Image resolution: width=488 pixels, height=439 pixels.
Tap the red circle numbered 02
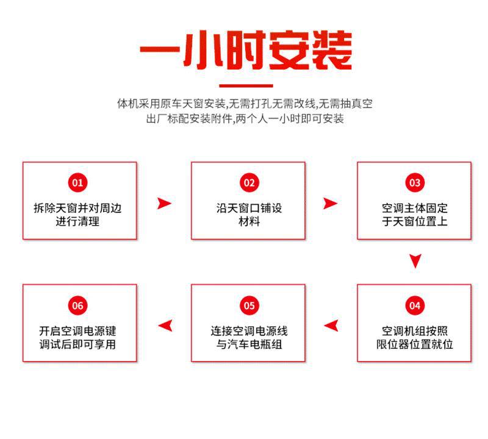click(249, 182)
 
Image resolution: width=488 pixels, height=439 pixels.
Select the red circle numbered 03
click(415, 182)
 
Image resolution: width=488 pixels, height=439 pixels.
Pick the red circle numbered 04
click(415, 305)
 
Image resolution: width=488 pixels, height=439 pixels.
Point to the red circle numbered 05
click(249, 305)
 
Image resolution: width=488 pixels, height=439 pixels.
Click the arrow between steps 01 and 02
click(164, 204)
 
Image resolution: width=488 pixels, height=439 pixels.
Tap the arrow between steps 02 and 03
click(330, 204)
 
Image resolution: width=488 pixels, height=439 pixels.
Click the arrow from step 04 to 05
click(331, 326)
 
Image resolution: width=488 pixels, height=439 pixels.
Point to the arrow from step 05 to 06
click(165, 326)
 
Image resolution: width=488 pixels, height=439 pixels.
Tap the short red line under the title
click(245, 85)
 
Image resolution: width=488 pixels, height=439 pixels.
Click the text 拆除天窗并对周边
click(77, 209)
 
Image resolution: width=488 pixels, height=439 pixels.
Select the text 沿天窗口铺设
click(249, 209)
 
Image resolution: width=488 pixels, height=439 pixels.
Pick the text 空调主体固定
click(415, 209)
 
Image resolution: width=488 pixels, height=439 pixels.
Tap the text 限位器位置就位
click(415, 345)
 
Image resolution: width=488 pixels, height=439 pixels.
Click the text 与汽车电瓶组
click(249, 345)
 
